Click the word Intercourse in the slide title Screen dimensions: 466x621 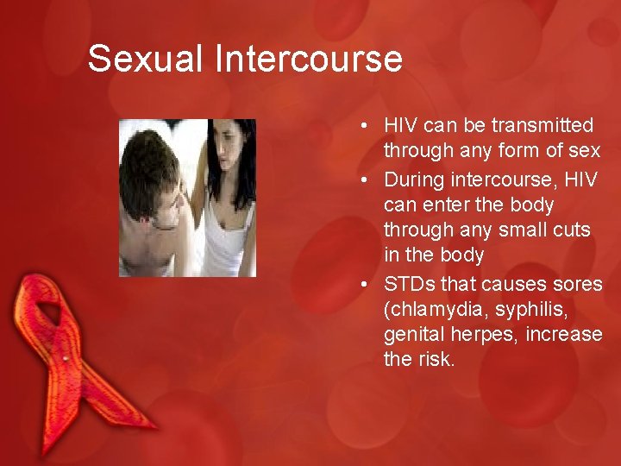309,59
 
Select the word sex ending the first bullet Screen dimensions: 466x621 584,151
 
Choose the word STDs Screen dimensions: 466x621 408,284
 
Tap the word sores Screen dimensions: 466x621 580,284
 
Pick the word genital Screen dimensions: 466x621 414,334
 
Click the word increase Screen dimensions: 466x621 565,334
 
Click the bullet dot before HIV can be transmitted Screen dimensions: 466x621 367,127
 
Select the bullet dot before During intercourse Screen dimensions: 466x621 367,180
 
